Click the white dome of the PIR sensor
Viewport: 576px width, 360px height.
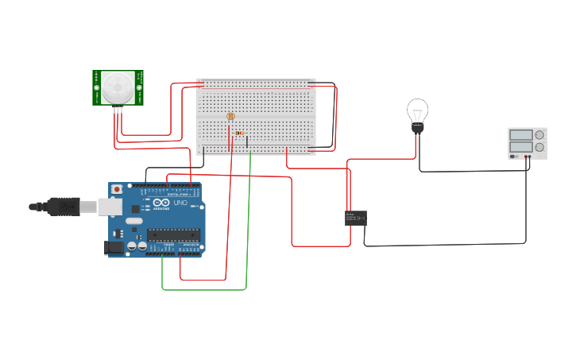[118, 84]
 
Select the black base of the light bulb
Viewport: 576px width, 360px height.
[417, 127]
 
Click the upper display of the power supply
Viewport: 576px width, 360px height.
[520, 135]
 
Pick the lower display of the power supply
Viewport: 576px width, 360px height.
[520, 147]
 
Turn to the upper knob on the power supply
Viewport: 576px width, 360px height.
[539, 135]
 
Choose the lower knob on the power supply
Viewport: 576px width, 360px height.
[539, 147]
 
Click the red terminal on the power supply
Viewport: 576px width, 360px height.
[526, 157]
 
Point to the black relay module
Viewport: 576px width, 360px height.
[355, 218]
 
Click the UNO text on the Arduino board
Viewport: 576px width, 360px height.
[180, 203]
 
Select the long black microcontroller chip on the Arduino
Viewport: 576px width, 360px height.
[172, 234]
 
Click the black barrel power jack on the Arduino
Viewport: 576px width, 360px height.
[115, 247]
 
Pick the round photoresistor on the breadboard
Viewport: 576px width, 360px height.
[230, 117]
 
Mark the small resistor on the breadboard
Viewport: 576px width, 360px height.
[240, 133]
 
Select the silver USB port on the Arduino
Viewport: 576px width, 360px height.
[110, 207]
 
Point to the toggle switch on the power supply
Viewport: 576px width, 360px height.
[514, 157]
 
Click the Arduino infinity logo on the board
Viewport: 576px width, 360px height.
[161, 203]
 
